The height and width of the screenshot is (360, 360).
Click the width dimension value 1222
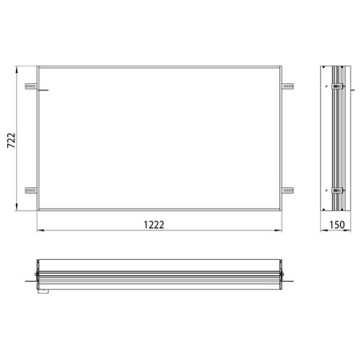pos(155,225)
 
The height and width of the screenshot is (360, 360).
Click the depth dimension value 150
pos(337,225)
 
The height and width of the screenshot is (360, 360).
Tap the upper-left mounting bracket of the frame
pos(30,86)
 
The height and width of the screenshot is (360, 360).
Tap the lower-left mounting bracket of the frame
pos(30,190)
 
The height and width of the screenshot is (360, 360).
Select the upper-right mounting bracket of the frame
pos(287,86)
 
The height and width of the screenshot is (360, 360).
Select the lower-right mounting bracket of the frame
pos(287,190)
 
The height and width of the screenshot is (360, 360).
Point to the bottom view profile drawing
pos(160,274)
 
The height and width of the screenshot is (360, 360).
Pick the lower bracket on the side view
pos(337,190)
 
